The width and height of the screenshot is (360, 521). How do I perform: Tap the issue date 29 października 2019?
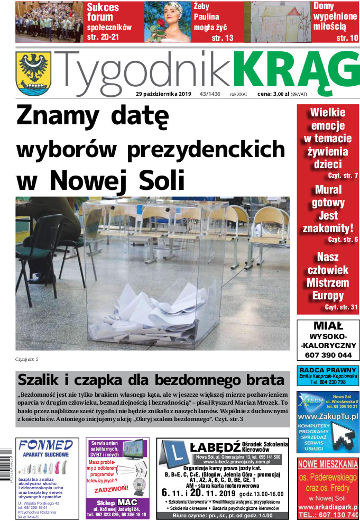pyautogui.click(x=163, y=94)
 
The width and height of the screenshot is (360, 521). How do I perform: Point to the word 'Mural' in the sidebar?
pyautogui.click(x=328, y=190)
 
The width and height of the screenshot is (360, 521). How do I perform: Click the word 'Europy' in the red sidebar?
pyautogui.click(x=328, y=296)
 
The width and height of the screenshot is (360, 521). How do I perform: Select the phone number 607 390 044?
pyautogui.click(x=328, y=355)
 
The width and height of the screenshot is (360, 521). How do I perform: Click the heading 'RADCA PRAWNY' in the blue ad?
pyautogui.click(x=328, y=370)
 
